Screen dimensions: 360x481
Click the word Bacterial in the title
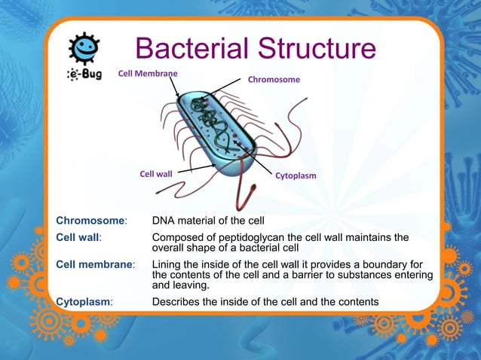pyautogui.click(x=189, y=50)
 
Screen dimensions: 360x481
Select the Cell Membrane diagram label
pyautogui.click(x=148, y=73)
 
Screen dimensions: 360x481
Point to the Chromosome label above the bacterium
pyautogui.click(x=274, y=79)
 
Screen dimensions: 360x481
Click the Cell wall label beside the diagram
pyautogui.click(x=156, y=174)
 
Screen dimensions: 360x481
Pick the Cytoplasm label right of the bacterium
pyautogui.click(x=296, y=175)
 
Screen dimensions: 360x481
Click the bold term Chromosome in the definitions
pyautogui.click(x=90, y=221)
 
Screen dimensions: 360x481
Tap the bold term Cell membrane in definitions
pyautogui.click(x=94, y=265)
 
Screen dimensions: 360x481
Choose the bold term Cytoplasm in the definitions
pyautogui.click(x=83, y=302)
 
